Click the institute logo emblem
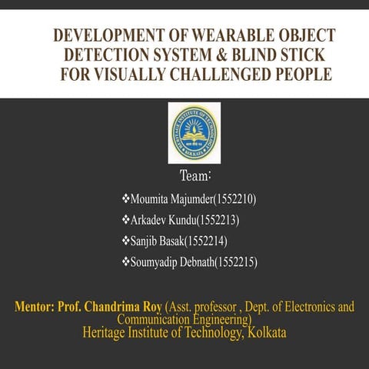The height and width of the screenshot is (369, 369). [194, 133]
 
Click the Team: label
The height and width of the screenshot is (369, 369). [194, 175]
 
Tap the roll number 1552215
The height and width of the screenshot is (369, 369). [237, 263]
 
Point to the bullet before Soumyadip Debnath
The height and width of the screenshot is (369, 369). [126, 263]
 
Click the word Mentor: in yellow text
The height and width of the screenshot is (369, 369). [34, 307]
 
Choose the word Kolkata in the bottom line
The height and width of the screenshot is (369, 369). [264, 332]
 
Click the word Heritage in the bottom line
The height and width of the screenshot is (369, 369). [105, 332]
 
